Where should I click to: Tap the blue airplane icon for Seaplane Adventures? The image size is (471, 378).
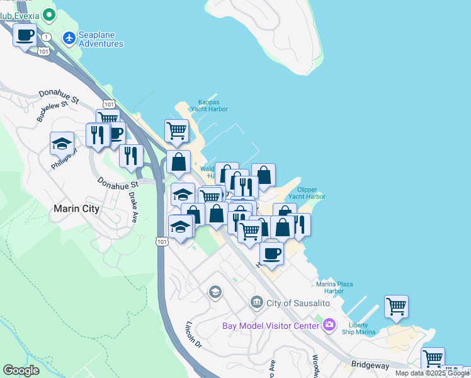[69, 38]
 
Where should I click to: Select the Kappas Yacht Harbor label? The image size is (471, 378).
[209, 105]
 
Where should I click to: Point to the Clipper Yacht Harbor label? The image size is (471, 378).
[307, 193]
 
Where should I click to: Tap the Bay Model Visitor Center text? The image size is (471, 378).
[271, 326]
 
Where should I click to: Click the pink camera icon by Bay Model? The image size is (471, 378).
[329, 325]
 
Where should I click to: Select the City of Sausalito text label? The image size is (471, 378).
[298, 303]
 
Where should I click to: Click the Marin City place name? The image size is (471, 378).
[77, 209]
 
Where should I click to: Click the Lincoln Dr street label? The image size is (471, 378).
[193, 336]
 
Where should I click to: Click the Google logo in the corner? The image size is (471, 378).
[21, 370]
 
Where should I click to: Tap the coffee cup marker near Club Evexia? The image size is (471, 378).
[25, 35]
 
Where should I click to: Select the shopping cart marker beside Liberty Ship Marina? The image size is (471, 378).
[396, 307]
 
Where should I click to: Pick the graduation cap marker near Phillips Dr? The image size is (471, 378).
[62, 144]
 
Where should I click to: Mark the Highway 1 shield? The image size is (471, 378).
[46, 37]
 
